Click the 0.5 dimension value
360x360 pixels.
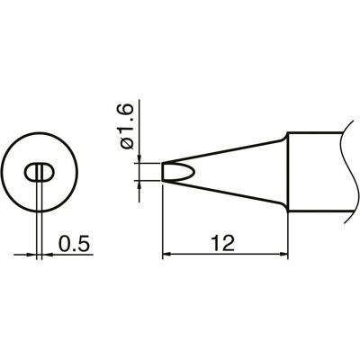74,243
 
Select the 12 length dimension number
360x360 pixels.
222,243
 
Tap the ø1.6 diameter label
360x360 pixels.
126,126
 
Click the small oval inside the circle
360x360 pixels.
39,173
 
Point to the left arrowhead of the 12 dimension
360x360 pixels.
166,255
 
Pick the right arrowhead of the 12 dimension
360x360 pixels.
283,255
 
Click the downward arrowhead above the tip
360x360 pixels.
139,159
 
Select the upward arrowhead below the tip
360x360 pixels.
139,184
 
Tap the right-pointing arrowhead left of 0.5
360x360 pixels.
31,255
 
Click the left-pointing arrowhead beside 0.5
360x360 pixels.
47,255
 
